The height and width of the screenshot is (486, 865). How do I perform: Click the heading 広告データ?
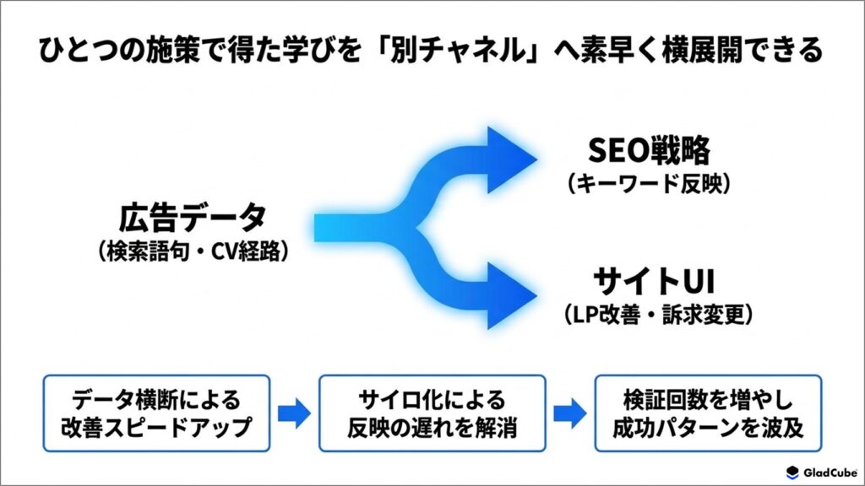click(193, 218)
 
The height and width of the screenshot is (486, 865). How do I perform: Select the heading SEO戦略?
click(650, 150)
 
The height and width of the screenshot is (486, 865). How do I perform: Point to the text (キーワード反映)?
click(650, 183)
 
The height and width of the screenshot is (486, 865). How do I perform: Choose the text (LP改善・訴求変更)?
click(659, 315)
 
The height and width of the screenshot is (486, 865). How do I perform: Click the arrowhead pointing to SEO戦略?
click(511, 159)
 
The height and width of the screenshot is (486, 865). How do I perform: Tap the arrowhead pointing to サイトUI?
click(511, 295)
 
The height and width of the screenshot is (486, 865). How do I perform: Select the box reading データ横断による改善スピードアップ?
click(156, 413)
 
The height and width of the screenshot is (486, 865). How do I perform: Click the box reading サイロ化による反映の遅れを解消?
click(432, 413)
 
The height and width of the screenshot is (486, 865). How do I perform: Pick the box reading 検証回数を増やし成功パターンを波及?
click(708, 413)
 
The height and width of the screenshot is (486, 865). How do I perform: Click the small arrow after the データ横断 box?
click(294, 413)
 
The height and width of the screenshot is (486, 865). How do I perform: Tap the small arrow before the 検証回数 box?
click(570, 413)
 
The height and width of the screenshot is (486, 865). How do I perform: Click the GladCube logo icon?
click(792, 472)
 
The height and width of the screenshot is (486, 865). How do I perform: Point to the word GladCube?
click(830, 472)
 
